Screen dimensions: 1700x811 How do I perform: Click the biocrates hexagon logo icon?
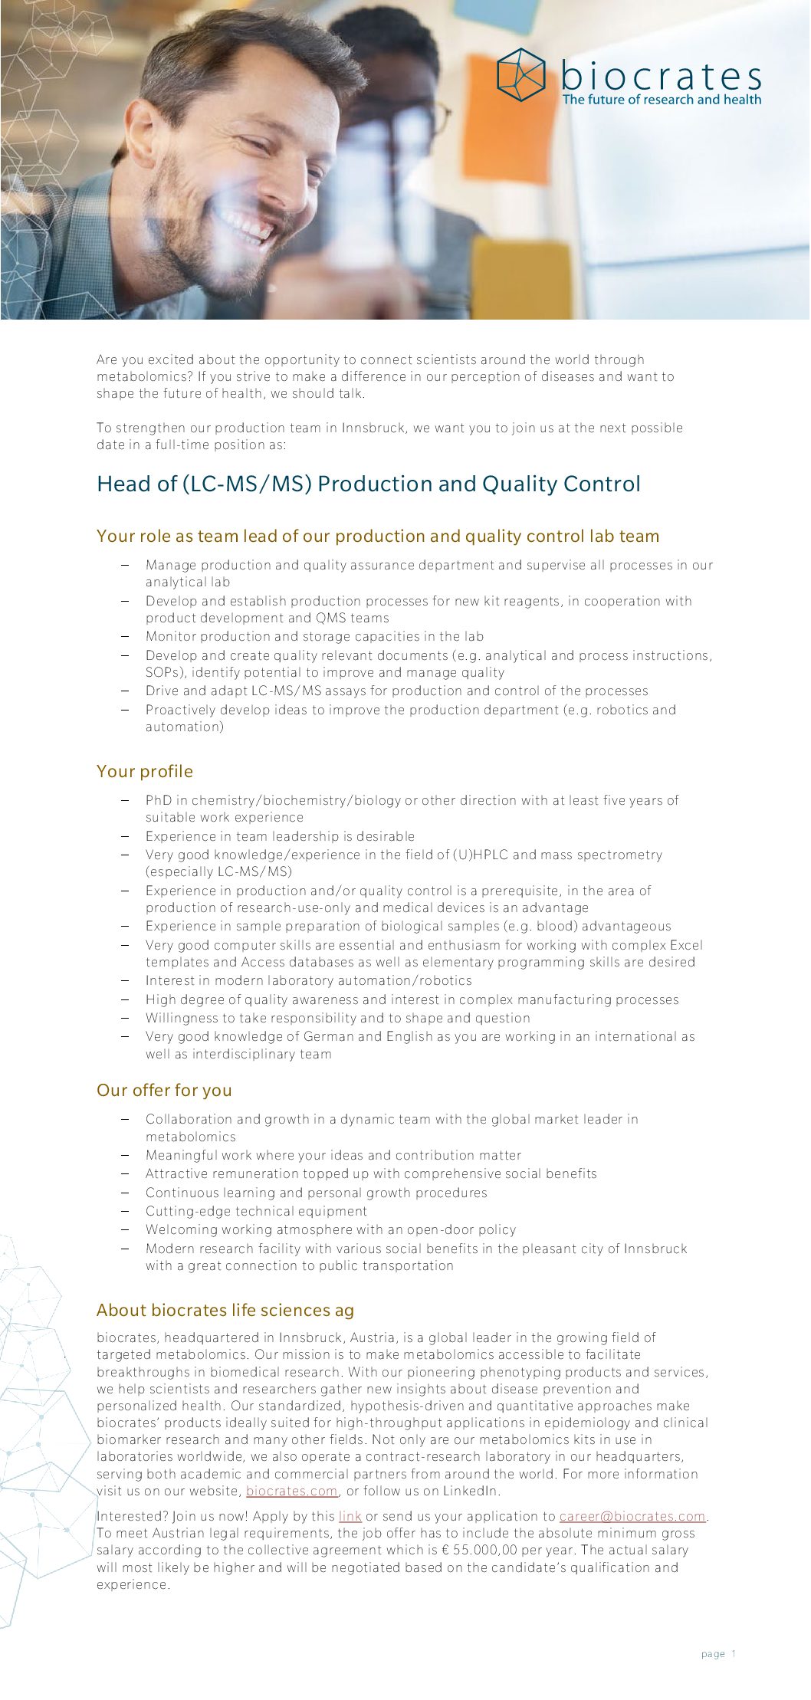click(520, 74)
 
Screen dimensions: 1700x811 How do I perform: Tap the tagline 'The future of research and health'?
click(662, 100)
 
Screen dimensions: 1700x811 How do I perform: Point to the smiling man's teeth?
click(246, 222)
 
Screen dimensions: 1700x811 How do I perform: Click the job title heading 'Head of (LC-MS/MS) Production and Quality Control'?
click(368, 484)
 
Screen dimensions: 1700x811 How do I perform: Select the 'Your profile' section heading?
click(145, 771)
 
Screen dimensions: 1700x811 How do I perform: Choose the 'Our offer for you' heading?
click(164, 1090)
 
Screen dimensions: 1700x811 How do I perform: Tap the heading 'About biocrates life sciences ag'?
click(225, 1310)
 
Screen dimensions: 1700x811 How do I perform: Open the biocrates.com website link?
click(291, 1491)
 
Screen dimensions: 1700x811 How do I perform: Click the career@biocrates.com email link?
click(632, 1516)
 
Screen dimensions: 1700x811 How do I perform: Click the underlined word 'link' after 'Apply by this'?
click(350, 1516)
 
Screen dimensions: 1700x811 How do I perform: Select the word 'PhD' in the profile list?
click(159, 800)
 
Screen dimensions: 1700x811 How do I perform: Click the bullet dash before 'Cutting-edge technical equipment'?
click(125, 1211)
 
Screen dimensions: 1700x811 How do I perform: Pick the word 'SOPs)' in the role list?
click(165, 672)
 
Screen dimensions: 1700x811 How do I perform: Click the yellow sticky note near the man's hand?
click(521, 276)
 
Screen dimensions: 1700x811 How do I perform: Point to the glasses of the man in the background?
click(429, 123)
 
